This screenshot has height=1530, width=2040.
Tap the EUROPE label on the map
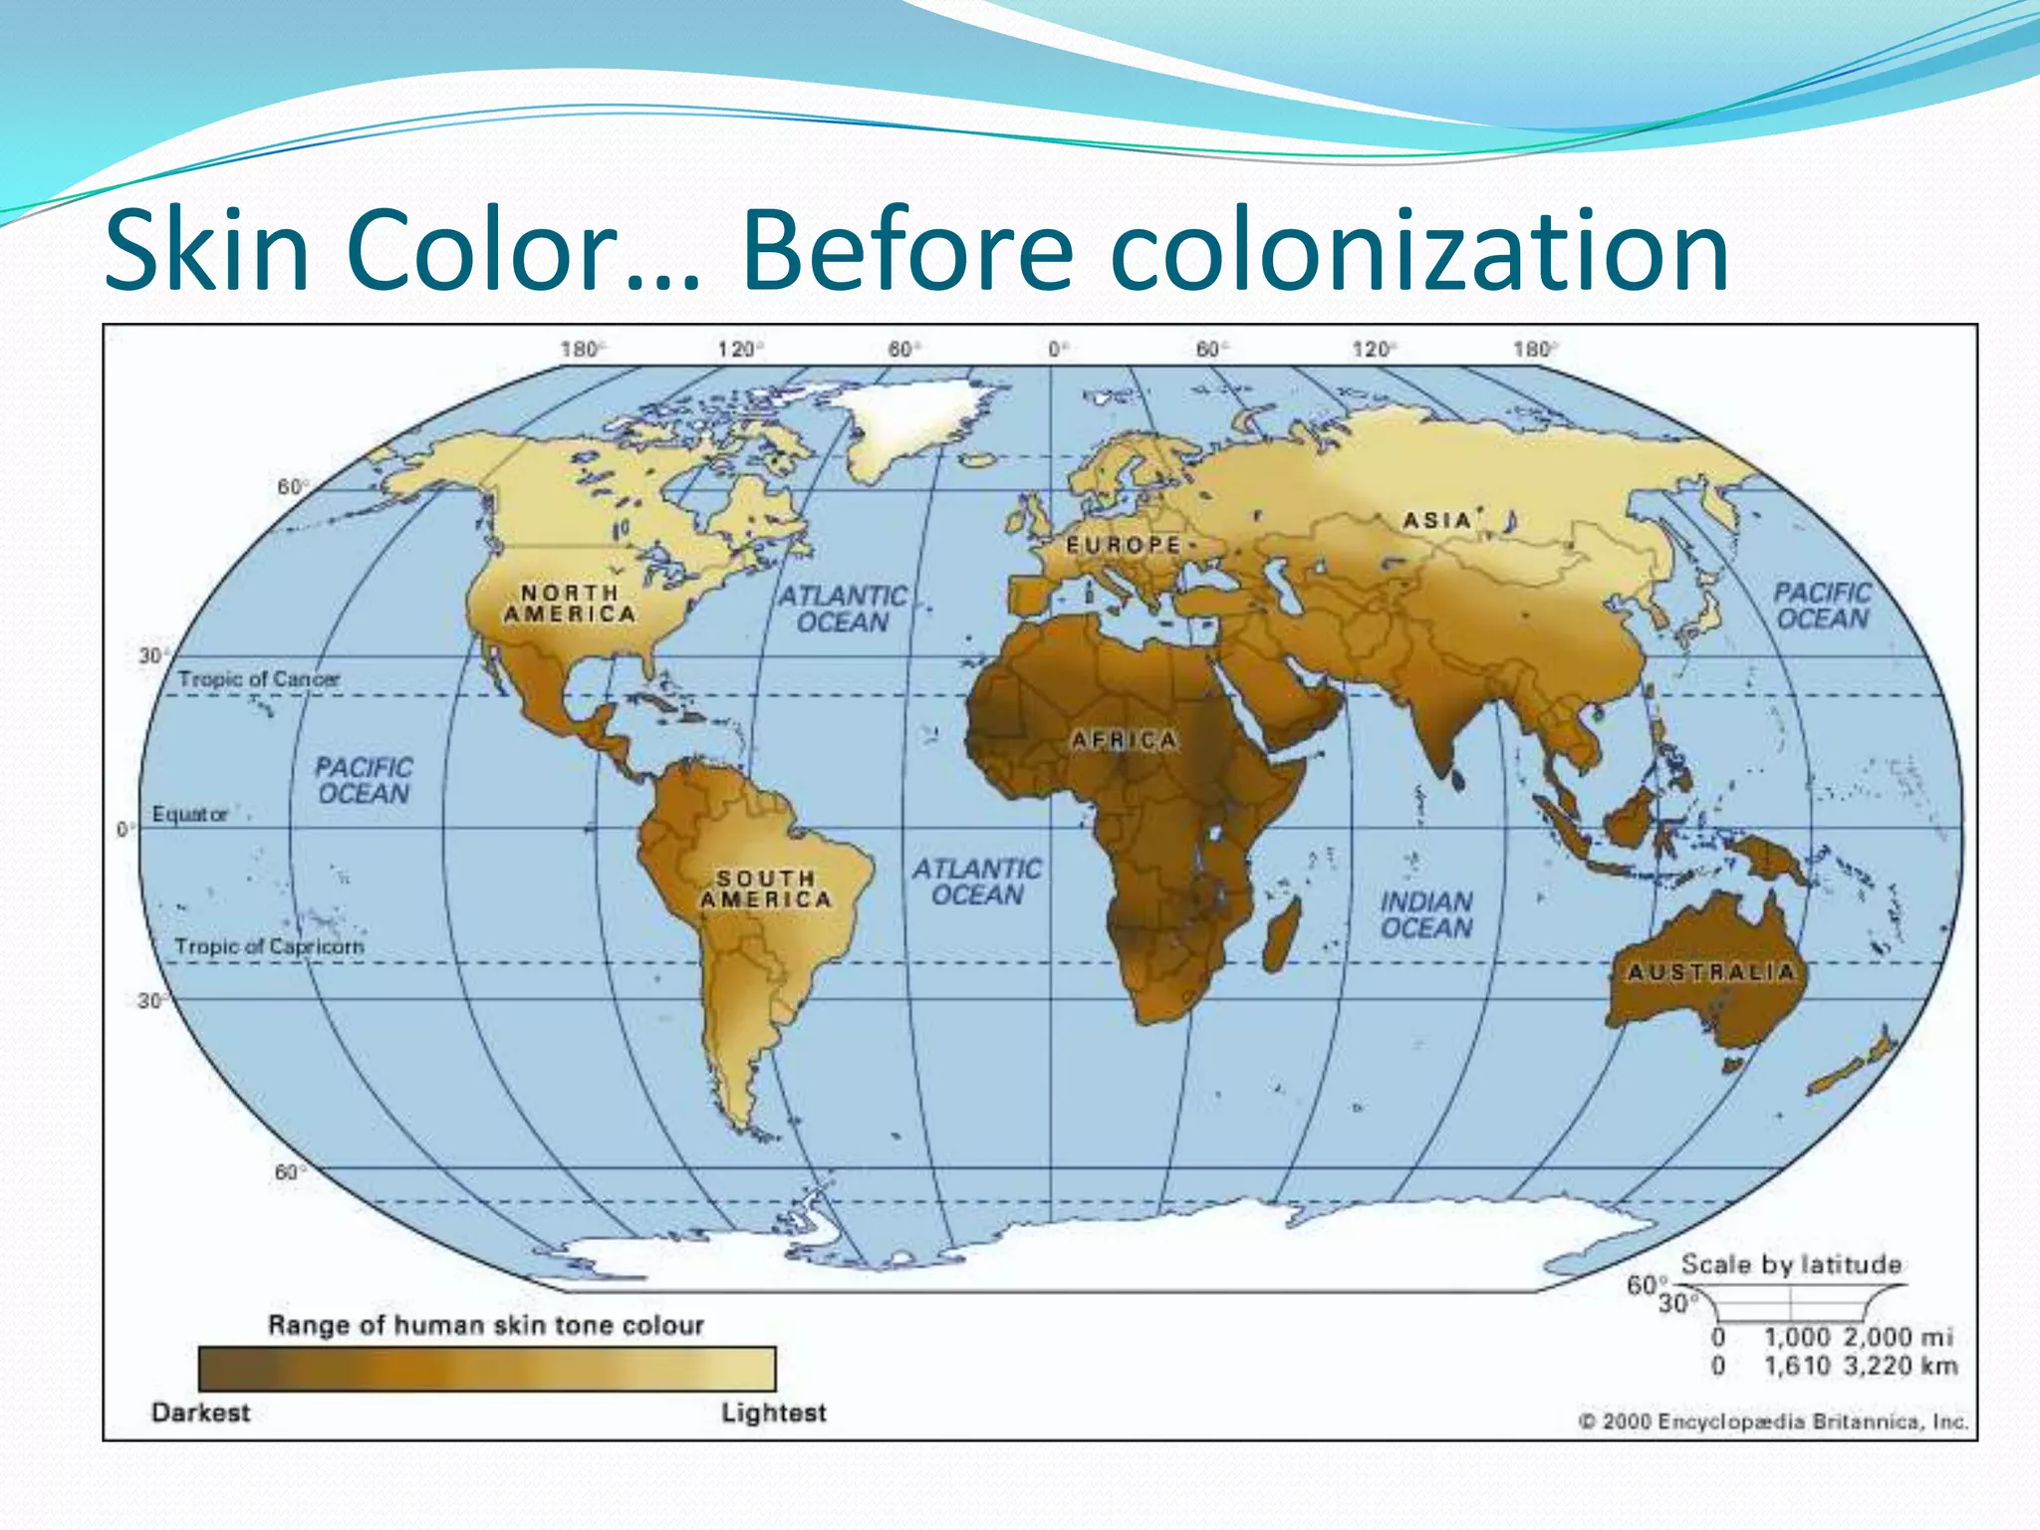[x=1124, y=545]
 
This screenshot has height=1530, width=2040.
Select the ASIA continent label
[x=1436, y=520]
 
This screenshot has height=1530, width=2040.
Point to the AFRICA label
[x=1124, y=740]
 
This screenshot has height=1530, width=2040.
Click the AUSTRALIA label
[x=1710, y=971]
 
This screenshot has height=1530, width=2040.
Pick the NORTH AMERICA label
[x=570, y=604]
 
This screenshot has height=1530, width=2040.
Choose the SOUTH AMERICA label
[x=765, y=889]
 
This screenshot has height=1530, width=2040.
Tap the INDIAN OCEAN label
[x=1425, y=914]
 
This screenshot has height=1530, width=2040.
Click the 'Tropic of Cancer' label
[x=258, y=679]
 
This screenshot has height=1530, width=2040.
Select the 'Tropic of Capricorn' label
[x=269, y=946]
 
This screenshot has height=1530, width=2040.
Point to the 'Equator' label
[x=189, y=814]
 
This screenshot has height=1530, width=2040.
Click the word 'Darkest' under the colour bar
[x=200, y=1412]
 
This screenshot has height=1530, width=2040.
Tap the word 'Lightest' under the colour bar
[x=773, y=1412]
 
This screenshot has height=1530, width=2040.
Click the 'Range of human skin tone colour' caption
[x=485, y=1325]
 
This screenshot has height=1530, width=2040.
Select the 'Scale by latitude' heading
[x=1791, y=1264]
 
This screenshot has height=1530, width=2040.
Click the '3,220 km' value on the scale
[x=1900, y=1366]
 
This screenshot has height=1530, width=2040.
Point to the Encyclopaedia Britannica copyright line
[x=1773, y=1421]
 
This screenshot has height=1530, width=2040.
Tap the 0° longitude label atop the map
[x=1057, y=349]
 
